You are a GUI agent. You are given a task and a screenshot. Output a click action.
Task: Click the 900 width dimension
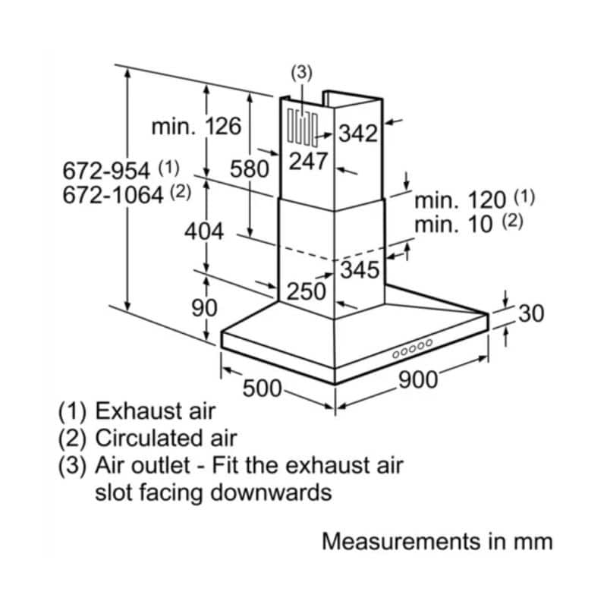click(418, 380)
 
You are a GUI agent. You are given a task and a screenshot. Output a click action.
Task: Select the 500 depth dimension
click(262, 388)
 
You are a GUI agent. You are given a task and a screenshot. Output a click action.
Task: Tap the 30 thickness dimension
click(532, 313)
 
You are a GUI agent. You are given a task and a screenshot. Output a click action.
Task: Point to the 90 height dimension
click(204, 308)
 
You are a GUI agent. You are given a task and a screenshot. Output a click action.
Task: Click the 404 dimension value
click(204, 231)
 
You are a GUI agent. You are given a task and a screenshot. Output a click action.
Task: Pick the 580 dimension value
click(250, 168)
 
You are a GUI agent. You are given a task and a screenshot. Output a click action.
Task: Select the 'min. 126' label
click(197, 126)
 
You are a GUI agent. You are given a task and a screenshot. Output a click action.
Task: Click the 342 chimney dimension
click(358, 134)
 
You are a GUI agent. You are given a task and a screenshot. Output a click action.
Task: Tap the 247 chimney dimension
click(309, 161)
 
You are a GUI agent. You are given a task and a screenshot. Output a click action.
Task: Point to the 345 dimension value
click(360, 269)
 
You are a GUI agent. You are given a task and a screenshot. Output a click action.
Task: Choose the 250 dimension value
click(307, 291)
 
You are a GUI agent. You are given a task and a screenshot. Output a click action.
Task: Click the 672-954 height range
click(106, 171)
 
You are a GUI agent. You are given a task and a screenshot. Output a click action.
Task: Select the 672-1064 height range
click(113, 195)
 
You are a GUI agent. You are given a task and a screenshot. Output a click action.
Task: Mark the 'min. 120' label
click(461, 200)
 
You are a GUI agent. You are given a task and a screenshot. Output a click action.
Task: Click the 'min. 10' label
click(454, 224)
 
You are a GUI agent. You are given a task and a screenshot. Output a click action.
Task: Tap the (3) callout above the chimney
click(301, 73)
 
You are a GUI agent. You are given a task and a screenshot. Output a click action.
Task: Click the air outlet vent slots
click(302, 127)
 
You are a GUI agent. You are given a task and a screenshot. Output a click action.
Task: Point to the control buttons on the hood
click(412, 348)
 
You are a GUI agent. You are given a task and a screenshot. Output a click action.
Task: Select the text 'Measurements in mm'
click(437, 541)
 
